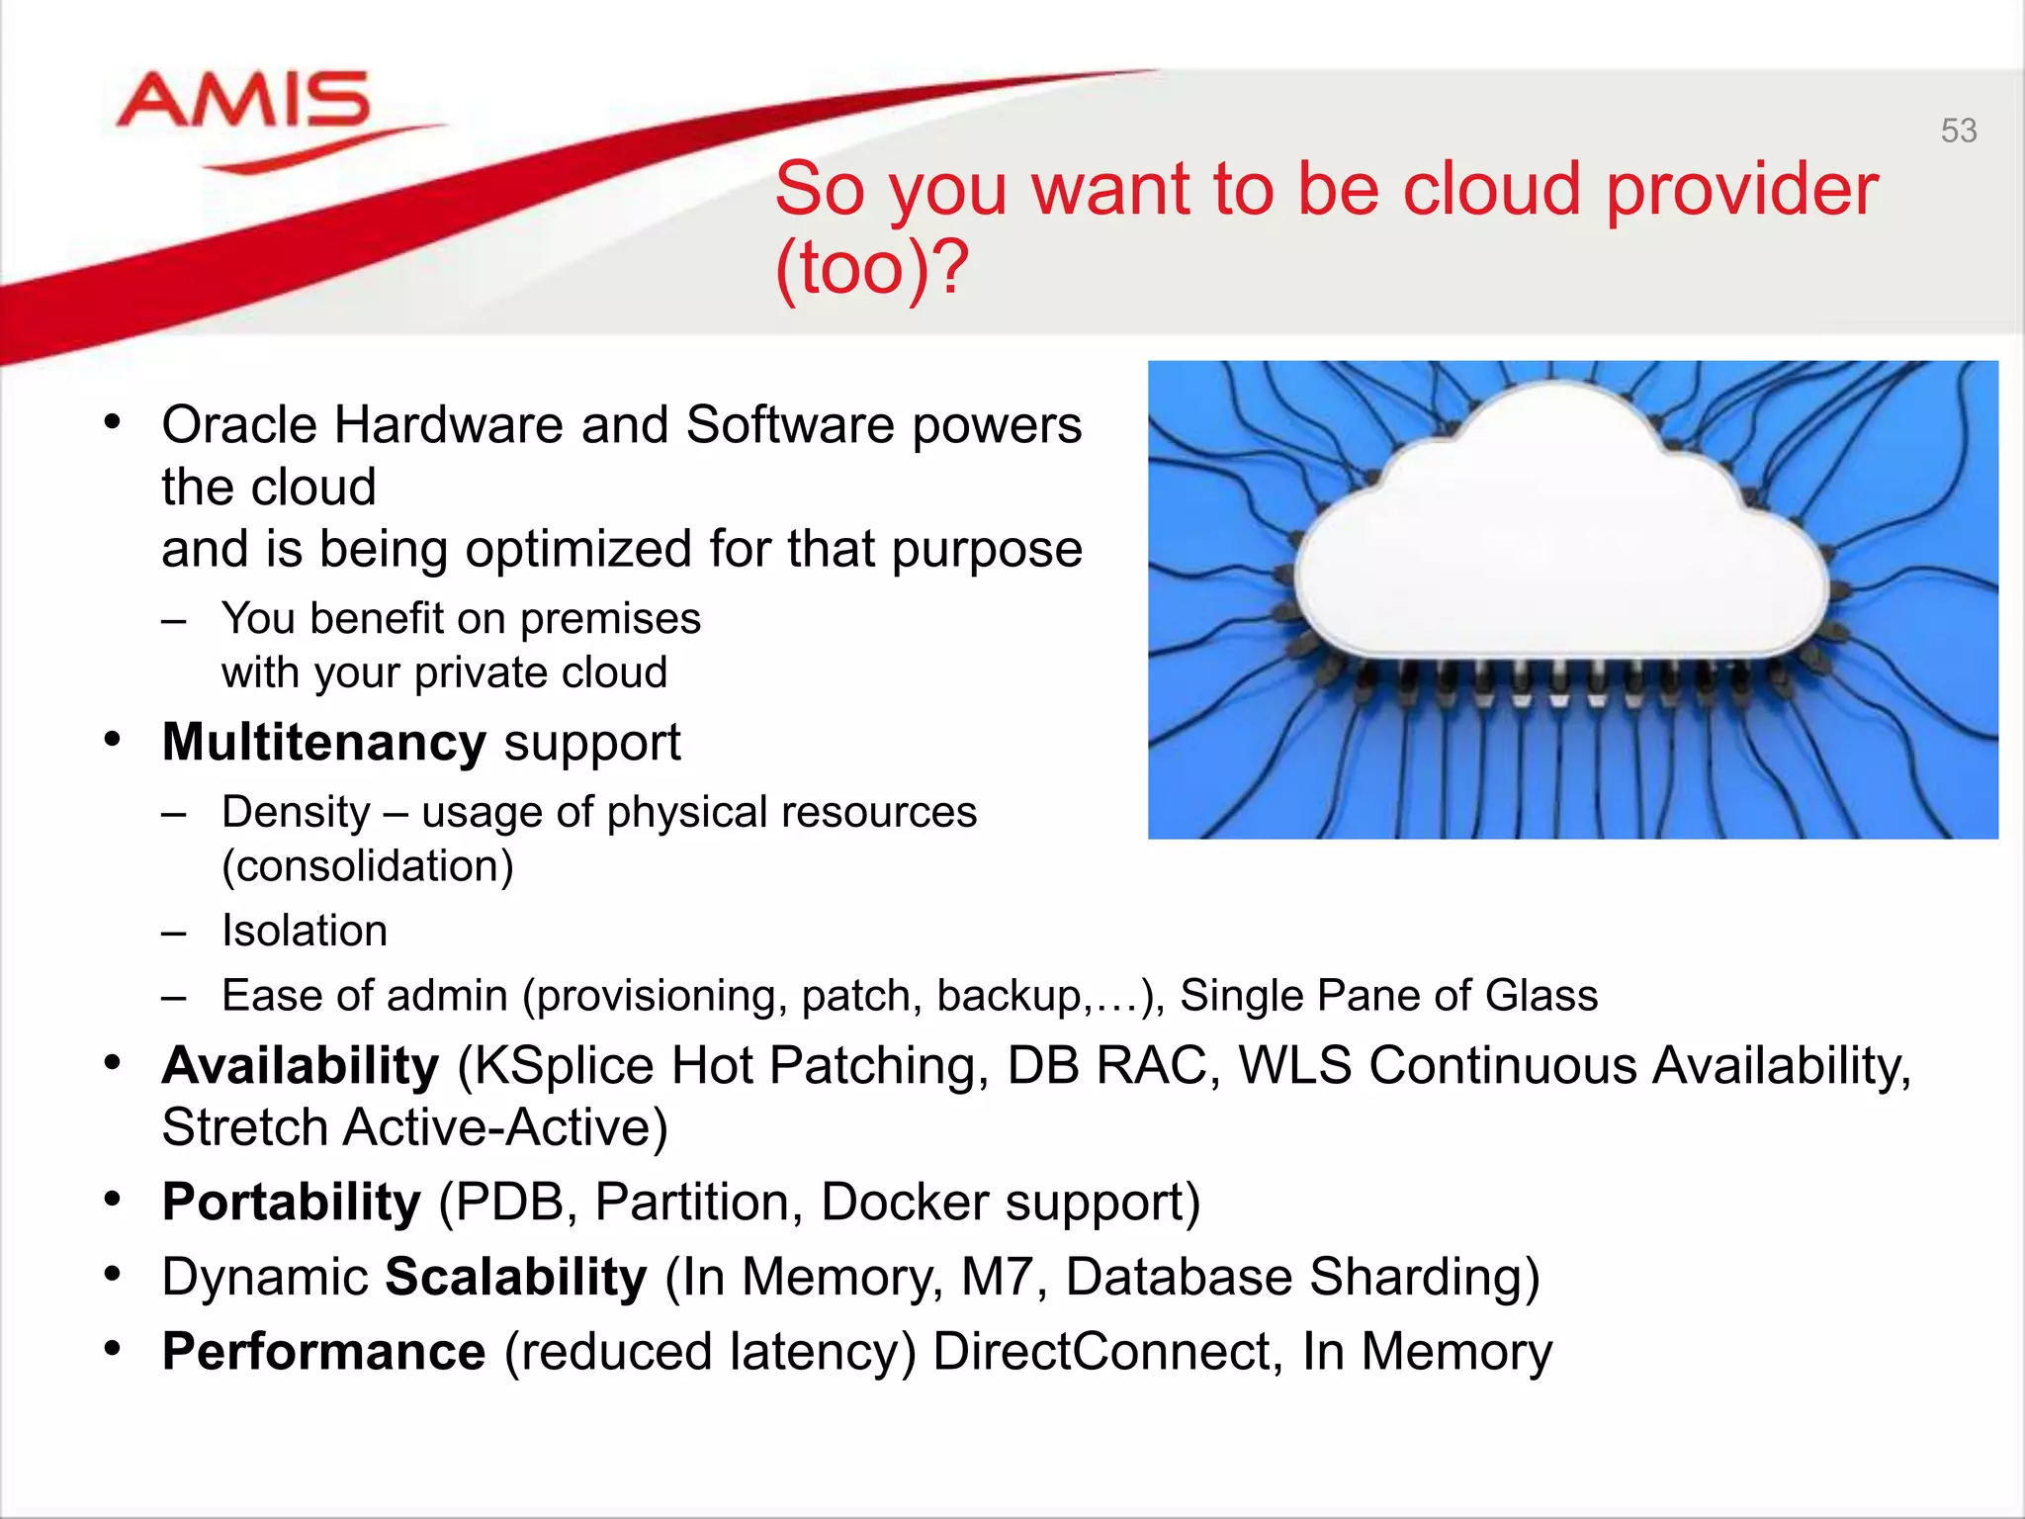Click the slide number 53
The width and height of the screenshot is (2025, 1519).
click(1958, 131)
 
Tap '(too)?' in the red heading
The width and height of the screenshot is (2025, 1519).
click(870, 268)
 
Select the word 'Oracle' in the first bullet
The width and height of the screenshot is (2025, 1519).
click(238, 425)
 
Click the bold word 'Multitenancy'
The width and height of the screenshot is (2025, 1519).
click(323, 743)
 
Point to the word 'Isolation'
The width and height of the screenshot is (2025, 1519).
click(305, 931)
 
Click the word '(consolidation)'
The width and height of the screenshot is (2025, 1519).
click(368, 866)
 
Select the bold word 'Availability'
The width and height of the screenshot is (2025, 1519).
click(301, 1066)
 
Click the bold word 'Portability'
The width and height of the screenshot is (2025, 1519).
click(292, 1203)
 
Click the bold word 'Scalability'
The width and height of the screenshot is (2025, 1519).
click(515, 1277)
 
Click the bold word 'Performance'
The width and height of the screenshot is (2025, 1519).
click(323, 1352)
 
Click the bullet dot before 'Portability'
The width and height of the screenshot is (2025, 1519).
click(113, 1200)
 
